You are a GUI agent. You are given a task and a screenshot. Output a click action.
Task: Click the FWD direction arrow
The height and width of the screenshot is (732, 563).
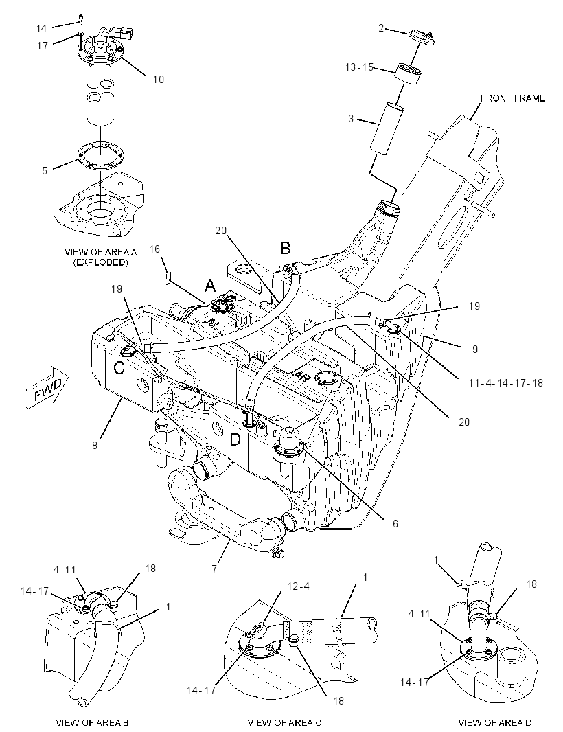point(47,387)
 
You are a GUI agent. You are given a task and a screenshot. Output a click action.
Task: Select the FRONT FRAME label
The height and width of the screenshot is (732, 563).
point(513,98)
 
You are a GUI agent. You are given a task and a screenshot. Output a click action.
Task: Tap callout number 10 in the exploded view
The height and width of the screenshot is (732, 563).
point(159,80)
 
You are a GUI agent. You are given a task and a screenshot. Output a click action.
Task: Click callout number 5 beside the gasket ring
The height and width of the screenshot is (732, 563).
point(45,171)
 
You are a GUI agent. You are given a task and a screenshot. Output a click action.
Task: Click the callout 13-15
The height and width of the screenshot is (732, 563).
point(359,67)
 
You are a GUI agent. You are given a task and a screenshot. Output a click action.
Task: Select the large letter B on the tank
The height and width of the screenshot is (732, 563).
point(285,248)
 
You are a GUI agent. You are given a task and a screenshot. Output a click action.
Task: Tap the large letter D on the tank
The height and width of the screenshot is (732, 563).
point(235,439)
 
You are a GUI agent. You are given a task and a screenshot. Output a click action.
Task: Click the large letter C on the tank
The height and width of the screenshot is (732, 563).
point(119,368)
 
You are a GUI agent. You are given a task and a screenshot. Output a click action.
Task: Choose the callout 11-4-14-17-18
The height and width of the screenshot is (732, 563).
point(506,382)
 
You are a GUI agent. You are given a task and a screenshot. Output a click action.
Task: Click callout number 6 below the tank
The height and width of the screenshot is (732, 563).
point(395,524)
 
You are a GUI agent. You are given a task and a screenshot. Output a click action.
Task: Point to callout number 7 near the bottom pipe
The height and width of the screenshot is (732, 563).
point(215,570)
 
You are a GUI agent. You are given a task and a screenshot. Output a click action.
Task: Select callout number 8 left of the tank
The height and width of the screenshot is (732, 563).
point(95,446)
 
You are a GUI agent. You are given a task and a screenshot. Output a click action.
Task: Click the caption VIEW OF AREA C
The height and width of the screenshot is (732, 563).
point(284,722)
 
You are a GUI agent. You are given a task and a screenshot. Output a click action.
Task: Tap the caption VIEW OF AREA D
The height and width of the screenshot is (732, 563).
point(495,722)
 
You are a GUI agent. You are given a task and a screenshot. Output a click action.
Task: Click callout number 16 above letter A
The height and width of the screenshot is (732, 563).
point(154,249)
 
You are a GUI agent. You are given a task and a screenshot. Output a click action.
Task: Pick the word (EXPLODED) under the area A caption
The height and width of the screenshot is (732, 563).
point(100,262)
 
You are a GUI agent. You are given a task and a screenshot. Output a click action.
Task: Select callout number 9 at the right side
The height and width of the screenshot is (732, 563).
point(474,350)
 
